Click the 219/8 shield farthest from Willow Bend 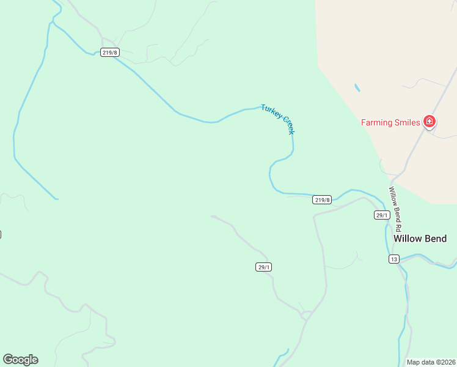[x=110, y=53]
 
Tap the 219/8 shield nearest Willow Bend [x=322, y=199]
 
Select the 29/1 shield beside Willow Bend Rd [x=382, y=215]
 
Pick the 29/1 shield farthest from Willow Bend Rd [x=263, y=267]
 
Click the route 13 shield [x=394, y=259]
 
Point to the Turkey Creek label [x=278, y=119]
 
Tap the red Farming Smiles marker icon [x=430, y=122]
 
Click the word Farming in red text [x=376, y=122]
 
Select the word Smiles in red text [x=407, y=122]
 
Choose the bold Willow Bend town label [x=420, y=239]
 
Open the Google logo [x=20, y=360]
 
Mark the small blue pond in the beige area [x=357, y=88]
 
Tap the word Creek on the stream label [x=287, y=127]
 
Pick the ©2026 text [x=445, y=362]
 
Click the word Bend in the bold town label [x=436, y=239]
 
